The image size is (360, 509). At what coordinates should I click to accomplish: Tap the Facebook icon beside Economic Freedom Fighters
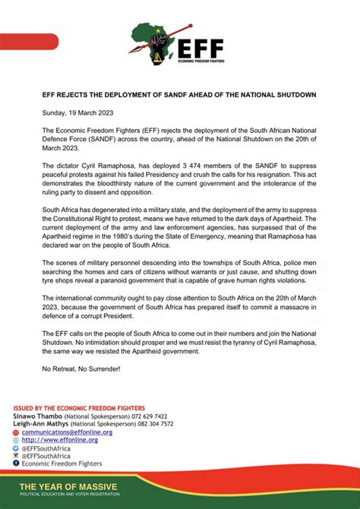(16, 463)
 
